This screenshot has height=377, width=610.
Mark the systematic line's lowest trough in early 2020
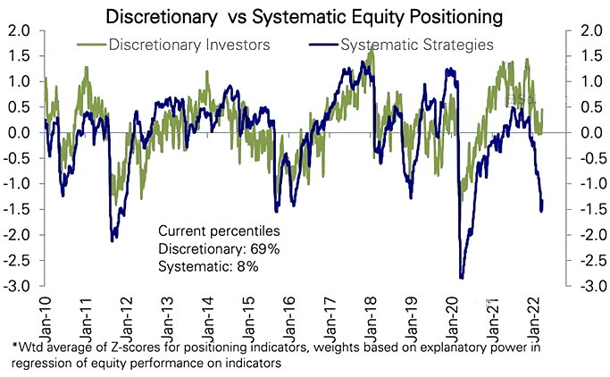(x=461, y=277)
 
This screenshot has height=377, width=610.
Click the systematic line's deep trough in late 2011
(x=113, y=240)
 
